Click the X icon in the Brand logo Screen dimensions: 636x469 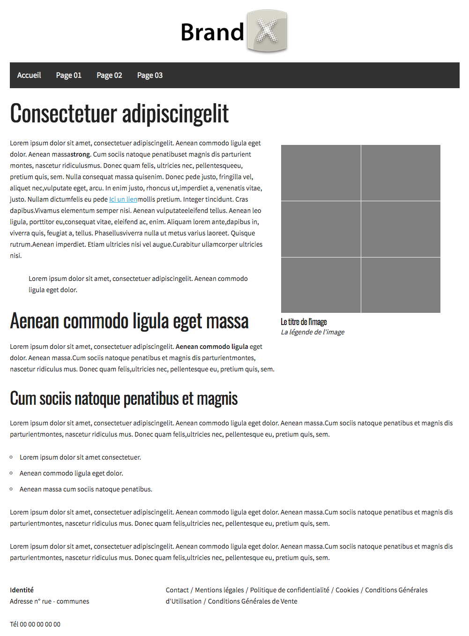267,31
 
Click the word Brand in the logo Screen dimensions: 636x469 212,32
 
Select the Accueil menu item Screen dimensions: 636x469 29,75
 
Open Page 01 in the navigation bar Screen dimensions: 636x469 69,75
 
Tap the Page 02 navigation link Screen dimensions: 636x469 109,75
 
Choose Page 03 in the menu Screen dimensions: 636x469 150,75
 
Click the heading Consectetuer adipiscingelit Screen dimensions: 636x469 119,114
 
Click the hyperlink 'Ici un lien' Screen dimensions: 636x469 123,199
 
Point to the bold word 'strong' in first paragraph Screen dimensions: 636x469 80,154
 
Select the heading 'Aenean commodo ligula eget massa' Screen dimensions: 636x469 129,321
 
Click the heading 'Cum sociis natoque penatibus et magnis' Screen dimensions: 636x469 124,399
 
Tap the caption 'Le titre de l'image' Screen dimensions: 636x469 304,322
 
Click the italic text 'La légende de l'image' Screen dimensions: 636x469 313,332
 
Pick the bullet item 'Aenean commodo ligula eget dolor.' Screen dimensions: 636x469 71,473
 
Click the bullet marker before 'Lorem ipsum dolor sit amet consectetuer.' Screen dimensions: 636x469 11,457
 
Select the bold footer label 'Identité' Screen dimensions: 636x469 22,590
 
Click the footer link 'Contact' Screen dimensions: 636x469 177,590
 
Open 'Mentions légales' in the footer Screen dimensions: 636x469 219,590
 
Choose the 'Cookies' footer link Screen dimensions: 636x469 347,590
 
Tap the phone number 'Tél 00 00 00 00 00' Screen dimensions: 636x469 35,624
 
